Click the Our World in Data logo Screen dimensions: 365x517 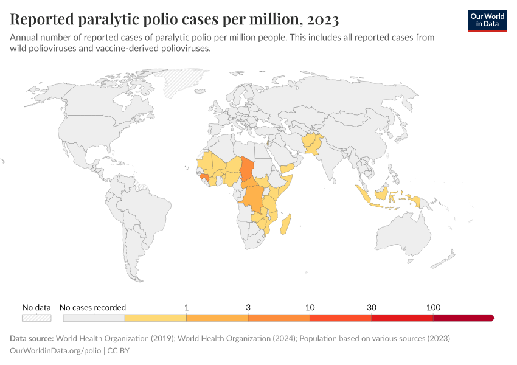[x=487, y=20]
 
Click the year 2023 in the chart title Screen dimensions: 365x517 [x=323, y=19]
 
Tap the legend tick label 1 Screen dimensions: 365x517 [x=186, y=307]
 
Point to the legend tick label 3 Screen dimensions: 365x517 [x=248, y=307]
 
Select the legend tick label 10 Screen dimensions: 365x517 [x=310, y=307]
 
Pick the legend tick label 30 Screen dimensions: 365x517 [x=372, y=307]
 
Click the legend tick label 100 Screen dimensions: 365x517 [x=433, y=307]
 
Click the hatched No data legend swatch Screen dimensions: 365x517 [x=36, y=318]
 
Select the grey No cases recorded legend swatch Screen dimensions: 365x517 [x=94, y=318]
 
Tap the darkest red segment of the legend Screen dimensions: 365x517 [x=462, y=318]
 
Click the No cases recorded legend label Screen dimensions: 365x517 [x=94, y=307]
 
